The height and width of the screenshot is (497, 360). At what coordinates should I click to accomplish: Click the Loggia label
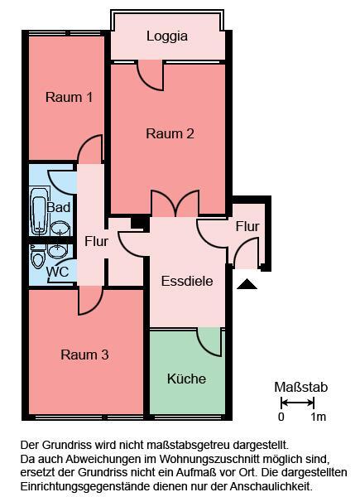167,36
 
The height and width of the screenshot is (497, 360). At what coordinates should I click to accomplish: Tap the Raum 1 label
69,98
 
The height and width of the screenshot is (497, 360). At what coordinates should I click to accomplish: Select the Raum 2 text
170,133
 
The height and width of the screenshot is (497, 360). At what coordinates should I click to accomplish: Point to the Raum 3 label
84,355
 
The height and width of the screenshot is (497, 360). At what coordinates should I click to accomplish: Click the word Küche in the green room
186,379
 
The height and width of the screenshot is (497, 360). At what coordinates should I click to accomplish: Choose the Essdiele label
187,281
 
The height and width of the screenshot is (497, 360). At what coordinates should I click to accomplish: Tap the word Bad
59,207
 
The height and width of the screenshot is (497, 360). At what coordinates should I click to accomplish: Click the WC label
57,271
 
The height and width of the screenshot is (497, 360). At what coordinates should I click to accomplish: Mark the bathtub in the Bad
38,213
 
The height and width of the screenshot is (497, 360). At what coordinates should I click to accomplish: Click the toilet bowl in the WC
37,258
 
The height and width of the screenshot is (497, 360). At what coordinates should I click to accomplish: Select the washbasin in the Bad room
60,227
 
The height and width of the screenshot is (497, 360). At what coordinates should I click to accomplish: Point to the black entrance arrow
247,284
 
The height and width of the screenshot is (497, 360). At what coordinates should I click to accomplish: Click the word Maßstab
301,387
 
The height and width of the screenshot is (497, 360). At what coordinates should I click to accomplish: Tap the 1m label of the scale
318,417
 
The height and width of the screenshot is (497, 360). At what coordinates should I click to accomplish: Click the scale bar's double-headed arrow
297,403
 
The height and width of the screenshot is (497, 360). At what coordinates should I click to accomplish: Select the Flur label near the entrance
247,226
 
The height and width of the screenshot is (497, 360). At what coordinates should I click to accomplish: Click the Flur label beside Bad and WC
96,242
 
